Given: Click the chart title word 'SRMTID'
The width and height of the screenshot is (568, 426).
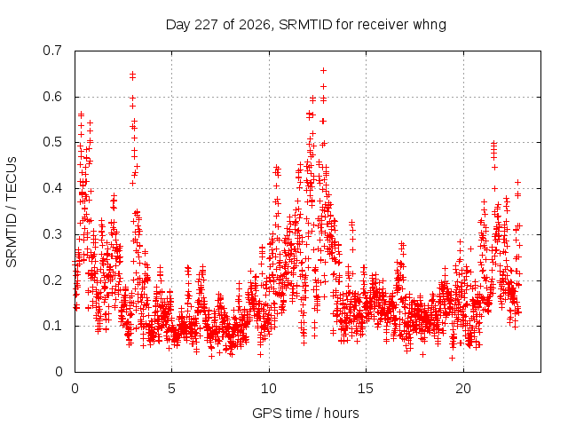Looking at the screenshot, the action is [x=305, y=25].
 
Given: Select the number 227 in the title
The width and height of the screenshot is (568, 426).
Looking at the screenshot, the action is [x=207, y=25].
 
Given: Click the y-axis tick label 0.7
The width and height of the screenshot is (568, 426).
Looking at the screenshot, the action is [x=52, y=51].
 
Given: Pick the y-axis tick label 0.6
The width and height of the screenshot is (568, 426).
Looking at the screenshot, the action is [x=52, y=97].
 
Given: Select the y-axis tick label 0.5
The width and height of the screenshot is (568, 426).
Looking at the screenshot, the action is [x=52, y=142].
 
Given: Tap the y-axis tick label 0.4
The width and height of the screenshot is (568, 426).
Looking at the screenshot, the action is [x=52, y=188].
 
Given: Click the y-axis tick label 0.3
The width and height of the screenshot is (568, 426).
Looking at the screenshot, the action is [x=52, y=234].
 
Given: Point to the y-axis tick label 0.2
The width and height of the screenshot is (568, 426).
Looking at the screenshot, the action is [x=52, y=280].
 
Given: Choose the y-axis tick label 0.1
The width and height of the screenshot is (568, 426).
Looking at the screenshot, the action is [x=52, y=326].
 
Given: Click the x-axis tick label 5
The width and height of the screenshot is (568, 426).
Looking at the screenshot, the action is [x=171, y=389].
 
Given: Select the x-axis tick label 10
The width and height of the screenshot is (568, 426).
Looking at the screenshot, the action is [x=269, y=389].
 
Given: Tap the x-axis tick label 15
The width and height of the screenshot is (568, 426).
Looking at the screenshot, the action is [x=366, y=389].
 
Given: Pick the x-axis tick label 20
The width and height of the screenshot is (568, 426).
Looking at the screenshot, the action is [x=463, y=389].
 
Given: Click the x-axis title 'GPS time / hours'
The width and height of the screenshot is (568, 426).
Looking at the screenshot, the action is [x=305, y=414].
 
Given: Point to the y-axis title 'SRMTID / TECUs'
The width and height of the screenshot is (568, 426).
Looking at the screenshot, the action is [x=12, y=212].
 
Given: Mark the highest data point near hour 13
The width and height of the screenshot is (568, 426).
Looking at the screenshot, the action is [x=323, y=70].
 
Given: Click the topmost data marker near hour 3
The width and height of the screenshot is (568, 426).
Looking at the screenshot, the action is [x=132, y=74].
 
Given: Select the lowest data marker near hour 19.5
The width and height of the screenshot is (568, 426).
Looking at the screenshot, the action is [x=452, y=358].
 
